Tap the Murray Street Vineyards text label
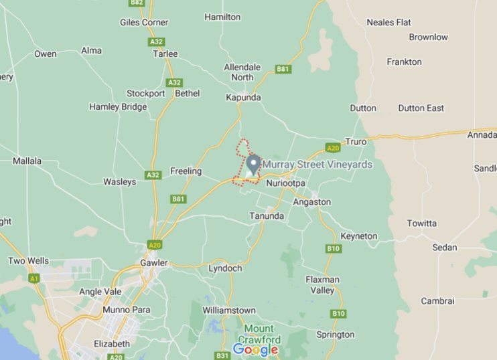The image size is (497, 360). (x=317, y=165)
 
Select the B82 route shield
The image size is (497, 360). (x=137, y=3)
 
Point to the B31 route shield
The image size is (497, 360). (x=222, y=355)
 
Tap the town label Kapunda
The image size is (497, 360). (x=242, y=98)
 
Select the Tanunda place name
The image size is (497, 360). (x=267, y=216)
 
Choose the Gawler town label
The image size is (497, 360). (x=153, y=263)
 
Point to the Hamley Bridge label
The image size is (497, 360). (x=118, y=107)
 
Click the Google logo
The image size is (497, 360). (x=255, y=349)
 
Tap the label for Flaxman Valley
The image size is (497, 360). (x=322, y=285)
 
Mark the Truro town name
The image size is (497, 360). (x=356, y=142)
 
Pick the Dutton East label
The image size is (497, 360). (x=421, y=108)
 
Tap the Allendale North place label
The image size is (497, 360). (x=242, y=72)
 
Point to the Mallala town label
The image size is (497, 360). (x=27, y=161)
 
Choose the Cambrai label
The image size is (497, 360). (x=437, y=301)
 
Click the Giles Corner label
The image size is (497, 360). (x=143, y=22)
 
